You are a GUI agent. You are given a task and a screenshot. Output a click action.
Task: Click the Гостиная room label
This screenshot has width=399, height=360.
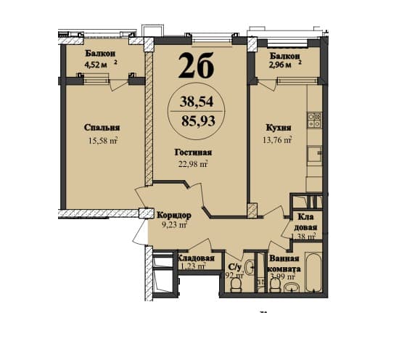192,152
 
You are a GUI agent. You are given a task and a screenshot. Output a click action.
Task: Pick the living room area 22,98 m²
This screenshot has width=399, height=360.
192,163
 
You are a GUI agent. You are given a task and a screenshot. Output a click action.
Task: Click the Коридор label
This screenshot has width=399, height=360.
173,215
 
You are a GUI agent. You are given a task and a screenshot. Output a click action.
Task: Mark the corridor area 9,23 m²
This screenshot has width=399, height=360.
173,226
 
